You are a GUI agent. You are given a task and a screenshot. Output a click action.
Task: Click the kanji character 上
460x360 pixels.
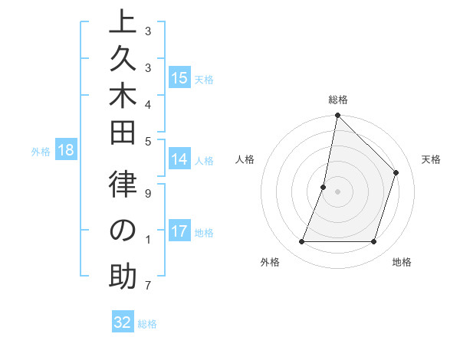coord(122,24)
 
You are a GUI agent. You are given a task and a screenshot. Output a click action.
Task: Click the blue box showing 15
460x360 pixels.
coord(179,78)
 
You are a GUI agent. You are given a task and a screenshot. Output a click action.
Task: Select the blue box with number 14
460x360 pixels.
coord(179,160)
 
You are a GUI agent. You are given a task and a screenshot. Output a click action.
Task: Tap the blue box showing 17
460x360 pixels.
coord(179,232)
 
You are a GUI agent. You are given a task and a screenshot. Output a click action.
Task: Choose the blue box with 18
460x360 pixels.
coord(66,151)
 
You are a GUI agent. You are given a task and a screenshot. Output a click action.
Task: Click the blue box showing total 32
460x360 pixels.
coord(123,322)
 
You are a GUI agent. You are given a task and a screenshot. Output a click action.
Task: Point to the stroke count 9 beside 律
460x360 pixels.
coord(148,193)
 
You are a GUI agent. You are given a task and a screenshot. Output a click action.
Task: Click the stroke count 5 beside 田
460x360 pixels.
coord(148,141)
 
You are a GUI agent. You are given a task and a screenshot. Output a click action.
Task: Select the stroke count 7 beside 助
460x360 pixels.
coord(148,286)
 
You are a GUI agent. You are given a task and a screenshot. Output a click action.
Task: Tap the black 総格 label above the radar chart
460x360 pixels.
coord(337,100)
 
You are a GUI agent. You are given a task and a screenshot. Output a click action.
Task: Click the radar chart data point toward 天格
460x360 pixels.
coord(396,172)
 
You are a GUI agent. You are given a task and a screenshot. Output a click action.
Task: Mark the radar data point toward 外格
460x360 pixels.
coord(301,242)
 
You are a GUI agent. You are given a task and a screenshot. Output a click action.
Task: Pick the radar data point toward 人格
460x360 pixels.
coord(324,187)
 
